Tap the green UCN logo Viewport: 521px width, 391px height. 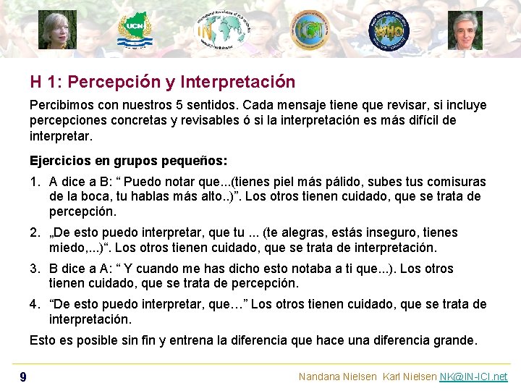135,30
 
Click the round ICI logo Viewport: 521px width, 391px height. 310,30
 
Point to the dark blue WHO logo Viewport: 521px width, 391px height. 389,31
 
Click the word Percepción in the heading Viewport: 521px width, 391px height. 116,83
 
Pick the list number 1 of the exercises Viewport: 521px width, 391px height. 34,182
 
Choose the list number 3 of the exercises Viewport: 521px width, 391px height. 34,269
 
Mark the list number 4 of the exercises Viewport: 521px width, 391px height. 34,304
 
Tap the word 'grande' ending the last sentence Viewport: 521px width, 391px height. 454,340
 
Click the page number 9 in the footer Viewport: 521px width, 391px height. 23,377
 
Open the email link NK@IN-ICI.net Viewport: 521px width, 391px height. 473,377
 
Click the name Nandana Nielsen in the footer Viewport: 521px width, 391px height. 337,377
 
